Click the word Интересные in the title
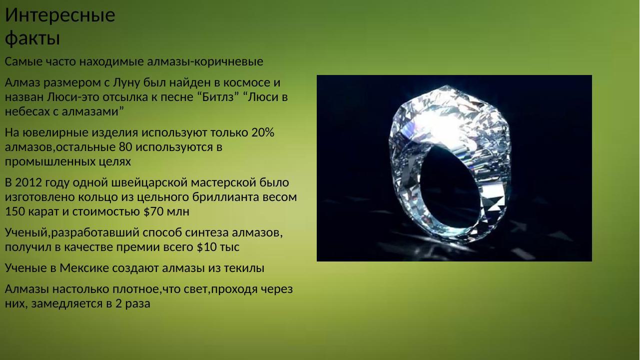60,15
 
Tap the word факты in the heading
32,38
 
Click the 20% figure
263,132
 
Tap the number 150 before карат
14,211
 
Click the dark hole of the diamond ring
455,180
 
